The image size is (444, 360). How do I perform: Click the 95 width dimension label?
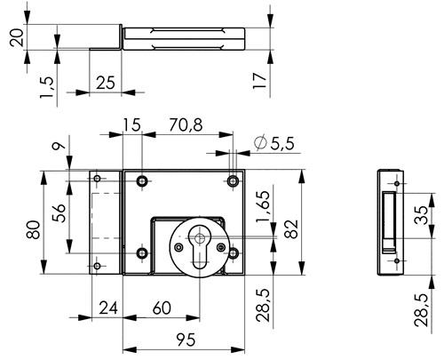[186, 340]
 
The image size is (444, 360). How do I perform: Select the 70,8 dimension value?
[186, 124]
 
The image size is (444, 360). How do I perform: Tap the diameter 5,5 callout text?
[274, 143]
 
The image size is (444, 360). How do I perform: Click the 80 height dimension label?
[33, 229]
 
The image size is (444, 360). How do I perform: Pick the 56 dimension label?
[59, 212]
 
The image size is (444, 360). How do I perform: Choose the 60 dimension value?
[162, 308]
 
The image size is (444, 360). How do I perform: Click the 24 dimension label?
[108, 308]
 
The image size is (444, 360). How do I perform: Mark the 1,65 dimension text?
[263, 206]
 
